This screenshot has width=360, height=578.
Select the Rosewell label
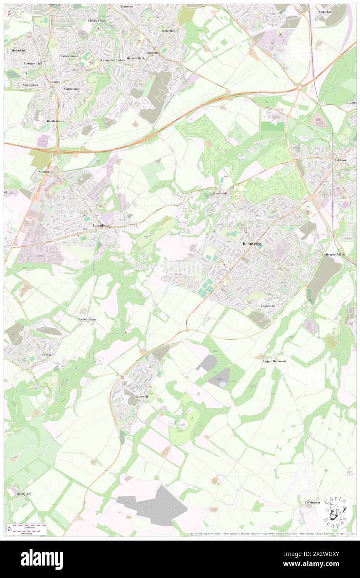click(x=142, y=397)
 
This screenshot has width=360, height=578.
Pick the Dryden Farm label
click(x=86, y=319)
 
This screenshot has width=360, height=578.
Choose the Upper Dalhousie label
click(x=275, y=361)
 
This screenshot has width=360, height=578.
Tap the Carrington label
click(x=312, y=502)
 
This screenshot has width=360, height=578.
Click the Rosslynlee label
click(x=24, y=494)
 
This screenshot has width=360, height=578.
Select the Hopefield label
click(x=268, y=306)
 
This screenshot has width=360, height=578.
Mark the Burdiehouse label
click(x=55, y=121)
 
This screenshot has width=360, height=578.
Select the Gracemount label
click(x=70, y=56)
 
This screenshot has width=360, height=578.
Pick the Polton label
click(x=178, y=274)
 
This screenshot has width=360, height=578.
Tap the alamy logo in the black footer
click(x=42, y=558)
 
